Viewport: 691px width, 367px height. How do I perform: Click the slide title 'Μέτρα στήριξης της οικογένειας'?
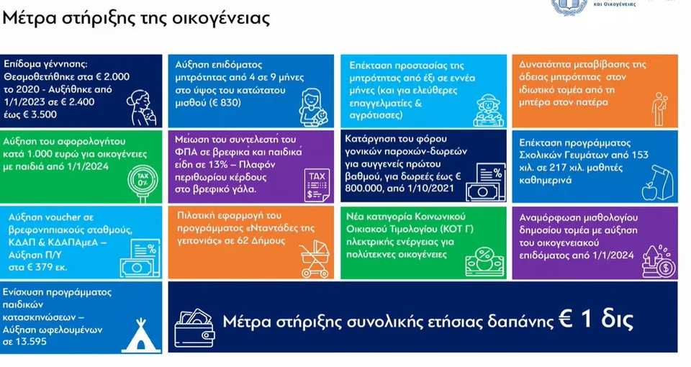coord(136,19)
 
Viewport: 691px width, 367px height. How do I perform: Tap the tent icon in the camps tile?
coord(141,335)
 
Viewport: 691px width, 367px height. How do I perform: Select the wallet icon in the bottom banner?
coord(194,328)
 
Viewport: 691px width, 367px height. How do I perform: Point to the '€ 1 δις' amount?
coord(596,320)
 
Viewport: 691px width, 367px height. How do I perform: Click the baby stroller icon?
coord(315,260)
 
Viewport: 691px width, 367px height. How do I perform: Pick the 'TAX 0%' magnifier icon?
coord(143,182)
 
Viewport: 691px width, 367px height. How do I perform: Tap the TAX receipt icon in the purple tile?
coord(317,186)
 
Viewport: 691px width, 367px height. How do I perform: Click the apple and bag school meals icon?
coord(657,182)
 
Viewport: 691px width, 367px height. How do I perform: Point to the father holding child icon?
coord(659,109)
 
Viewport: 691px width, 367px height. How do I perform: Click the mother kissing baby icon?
coord(142,107)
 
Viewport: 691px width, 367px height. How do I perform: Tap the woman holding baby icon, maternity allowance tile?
coord(313,107)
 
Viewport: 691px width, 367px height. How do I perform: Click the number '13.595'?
coord(30,341)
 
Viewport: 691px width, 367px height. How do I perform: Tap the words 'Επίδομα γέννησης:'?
coord(45,64)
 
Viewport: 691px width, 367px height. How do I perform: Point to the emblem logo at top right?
coord(569,6)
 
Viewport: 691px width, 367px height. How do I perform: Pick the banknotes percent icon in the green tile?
coord(484,262)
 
